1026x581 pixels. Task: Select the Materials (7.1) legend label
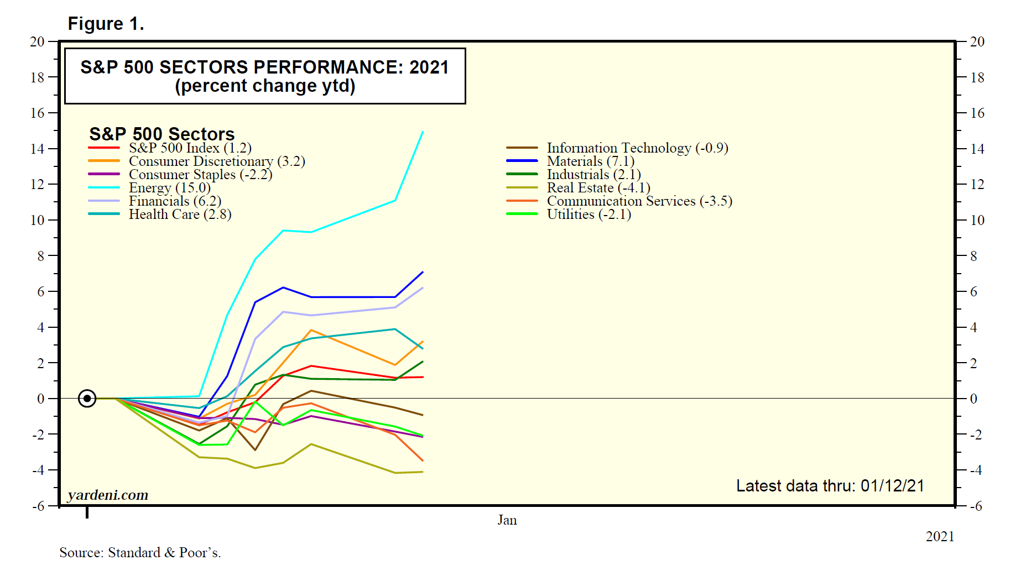coord(590,161)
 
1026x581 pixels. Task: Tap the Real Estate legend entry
coord(598,188)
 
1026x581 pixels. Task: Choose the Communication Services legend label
coord(639,201)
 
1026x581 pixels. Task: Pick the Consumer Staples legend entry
coord(200,175)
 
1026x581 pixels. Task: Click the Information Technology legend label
coord(637,148)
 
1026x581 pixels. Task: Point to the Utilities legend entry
coord(588,214)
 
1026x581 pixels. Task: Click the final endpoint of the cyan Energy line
coord(423,132)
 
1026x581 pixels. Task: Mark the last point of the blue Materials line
coord(423,272)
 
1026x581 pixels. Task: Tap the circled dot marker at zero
coord(87,398)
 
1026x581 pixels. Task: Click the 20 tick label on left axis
coord(37,41)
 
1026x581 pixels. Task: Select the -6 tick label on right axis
coord(976,506)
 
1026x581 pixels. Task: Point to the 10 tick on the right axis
coord(977,220)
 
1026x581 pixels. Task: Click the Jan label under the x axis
coord(507,520)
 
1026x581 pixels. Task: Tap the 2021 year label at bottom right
coord(940,536)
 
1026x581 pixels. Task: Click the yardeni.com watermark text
coord(108,495)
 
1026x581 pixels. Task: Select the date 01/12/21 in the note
coord(892,486)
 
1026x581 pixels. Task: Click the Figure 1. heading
coord(106,24)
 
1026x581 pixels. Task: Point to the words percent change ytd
coord(265,86)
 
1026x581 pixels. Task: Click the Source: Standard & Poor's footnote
coord(140,552)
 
